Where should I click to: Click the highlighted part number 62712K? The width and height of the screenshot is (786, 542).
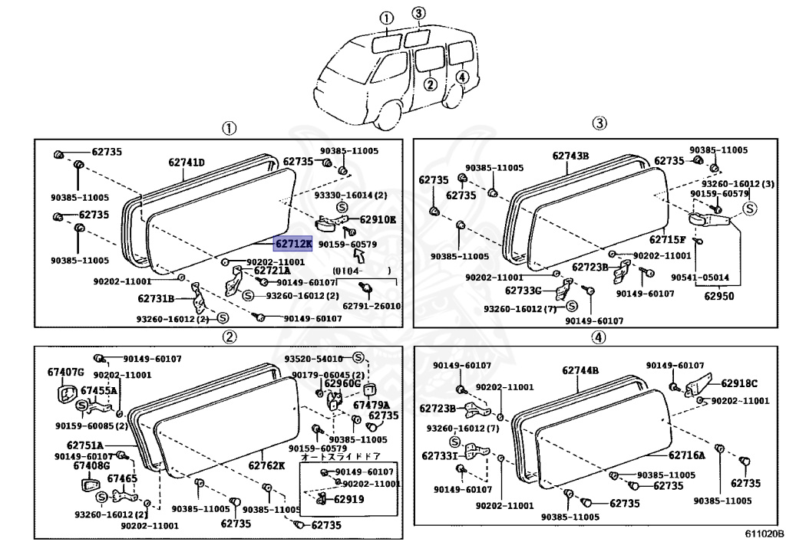(293, 244)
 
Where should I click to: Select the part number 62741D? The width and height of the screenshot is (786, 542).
(187, 163)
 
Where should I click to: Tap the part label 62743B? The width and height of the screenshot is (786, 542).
(570, 156)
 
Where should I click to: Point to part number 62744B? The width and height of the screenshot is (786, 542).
(580, 371)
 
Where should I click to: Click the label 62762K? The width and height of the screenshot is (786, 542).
(266, 465)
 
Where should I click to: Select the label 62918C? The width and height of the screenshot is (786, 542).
(738, 383)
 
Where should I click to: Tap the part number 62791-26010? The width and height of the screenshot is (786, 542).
(372, 306)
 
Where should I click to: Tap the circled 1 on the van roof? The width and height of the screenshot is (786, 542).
(386, 18)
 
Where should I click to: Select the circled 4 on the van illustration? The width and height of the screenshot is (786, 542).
(461, 76)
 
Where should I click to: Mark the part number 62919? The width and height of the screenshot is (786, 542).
(348, 499)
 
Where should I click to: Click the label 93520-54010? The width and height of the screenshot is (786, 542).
(313, 359)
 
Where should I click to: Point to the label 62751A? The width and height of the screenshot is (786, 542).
(84, 444)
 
